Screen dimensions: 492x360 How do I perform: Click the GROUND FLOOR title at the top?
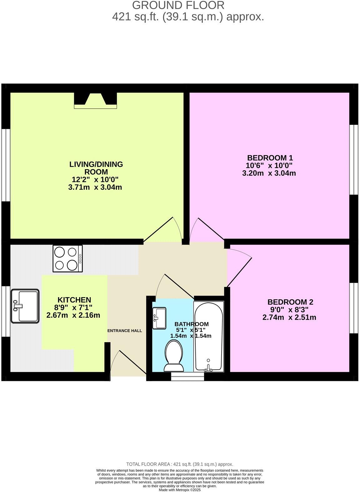178,5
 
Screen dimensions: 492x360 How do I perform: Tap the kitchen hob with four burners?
68,258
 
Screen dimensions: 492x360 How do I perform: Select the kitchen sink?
25,306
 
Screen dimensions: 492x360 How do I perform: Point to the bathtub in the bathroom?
209,337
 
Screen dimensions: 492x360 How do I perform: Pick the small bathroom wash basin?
159,318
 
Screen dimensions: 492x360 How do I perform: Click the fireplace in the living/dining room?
95,101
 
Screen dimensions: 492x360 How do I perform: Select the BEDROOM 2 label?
290,302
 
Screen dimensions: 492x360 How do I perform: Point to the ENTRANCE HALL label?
125,331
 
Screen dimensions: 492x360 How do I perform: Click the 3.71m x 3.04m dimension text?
95,187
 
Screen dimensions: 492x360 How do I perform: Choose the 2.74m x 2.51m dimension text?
289,317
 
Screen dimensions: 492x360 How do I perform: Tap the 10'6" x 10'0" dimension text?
269,165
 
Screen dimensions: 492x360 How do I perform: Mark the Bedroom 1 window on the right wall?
353,160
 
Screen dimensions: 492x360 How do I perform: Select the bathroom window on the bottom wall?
187,376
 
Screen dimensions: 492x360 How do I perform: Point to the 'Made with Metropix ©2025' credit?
179,490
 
